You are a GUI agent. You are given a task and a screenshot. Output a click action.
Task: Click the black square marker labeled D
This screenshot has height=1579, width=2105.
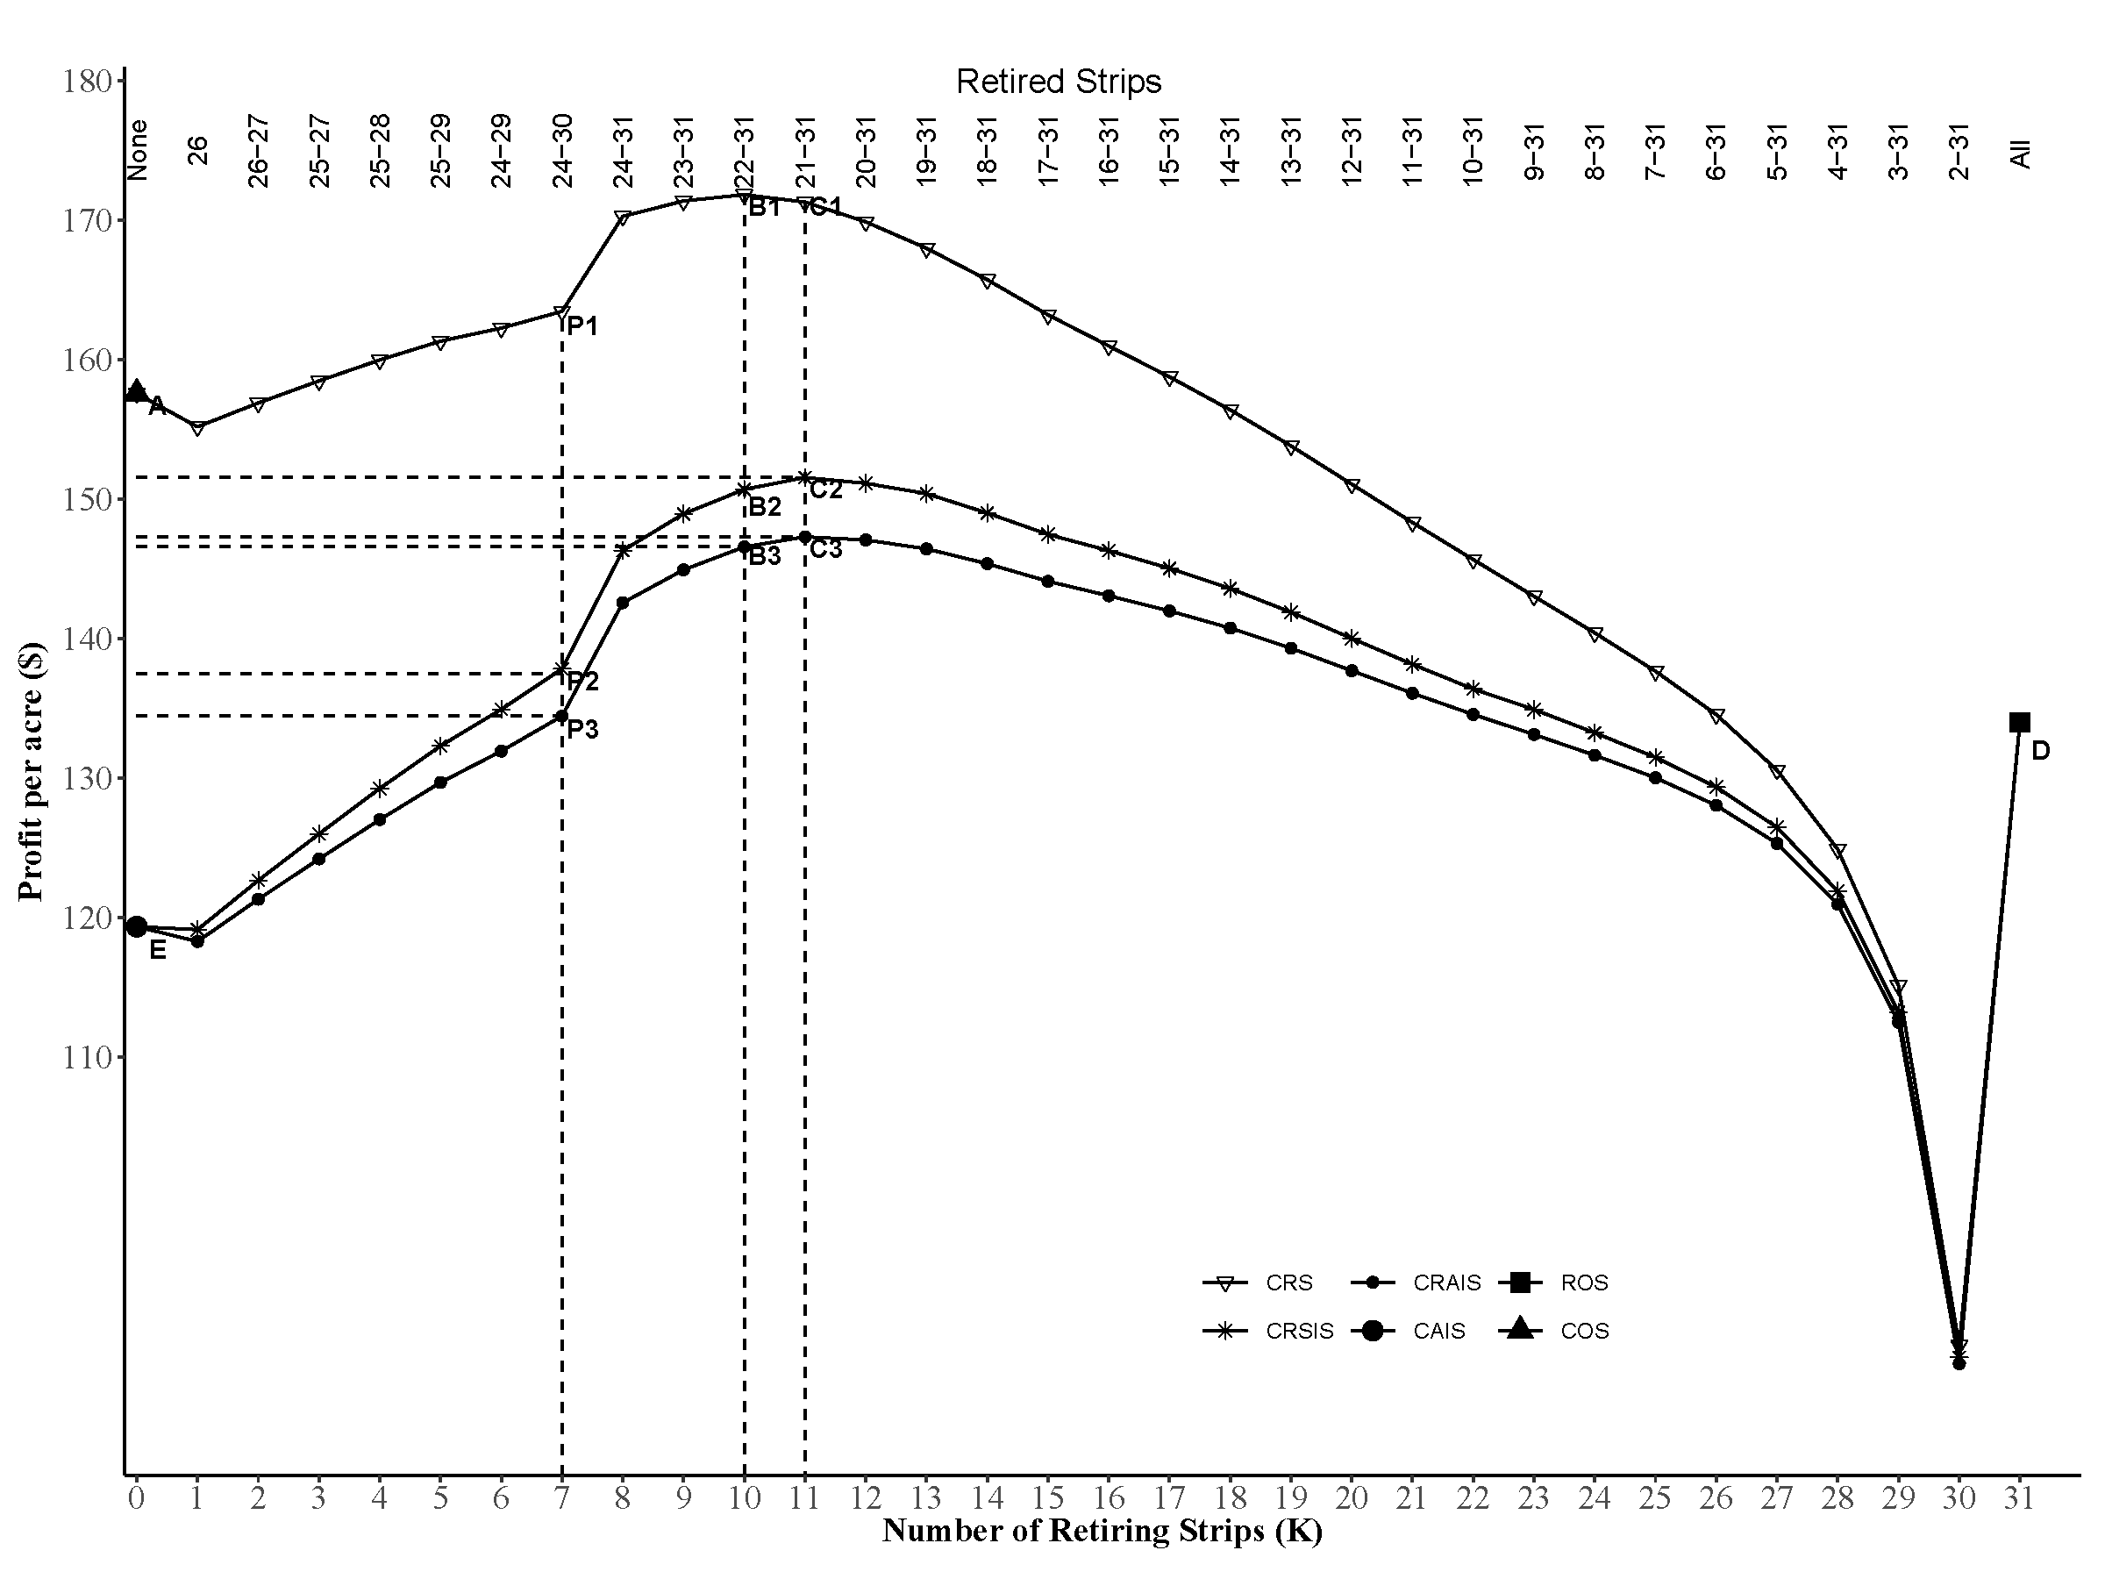2018,723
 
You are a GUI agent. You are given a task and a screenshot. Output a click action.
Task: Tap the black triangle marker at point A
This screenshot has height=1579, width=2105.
136,390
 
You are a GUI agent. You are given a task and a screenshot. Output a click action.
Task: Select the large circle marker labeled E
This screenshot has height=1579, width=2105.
136,926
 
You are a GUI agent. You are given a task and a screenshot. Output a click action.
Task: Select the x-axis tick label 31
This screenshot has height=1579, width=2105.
2018,1499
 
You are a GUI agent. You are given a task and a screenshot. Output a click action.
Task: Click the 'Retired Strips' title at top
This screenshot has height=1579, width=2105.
1059,82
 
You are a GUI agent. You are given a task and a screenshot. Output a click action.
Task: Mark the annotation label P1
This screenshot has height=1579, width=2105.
582,326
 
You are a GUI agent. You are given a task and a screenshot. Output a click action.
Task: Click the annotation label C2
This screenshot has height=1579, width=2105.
826,490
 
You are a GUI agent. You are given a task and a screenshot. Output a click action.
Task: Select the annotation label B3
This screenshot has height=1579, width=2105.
764,557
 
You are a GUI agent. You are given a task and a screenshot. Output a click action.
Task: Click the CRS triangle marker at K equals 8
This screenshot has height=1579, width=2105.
624,217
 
